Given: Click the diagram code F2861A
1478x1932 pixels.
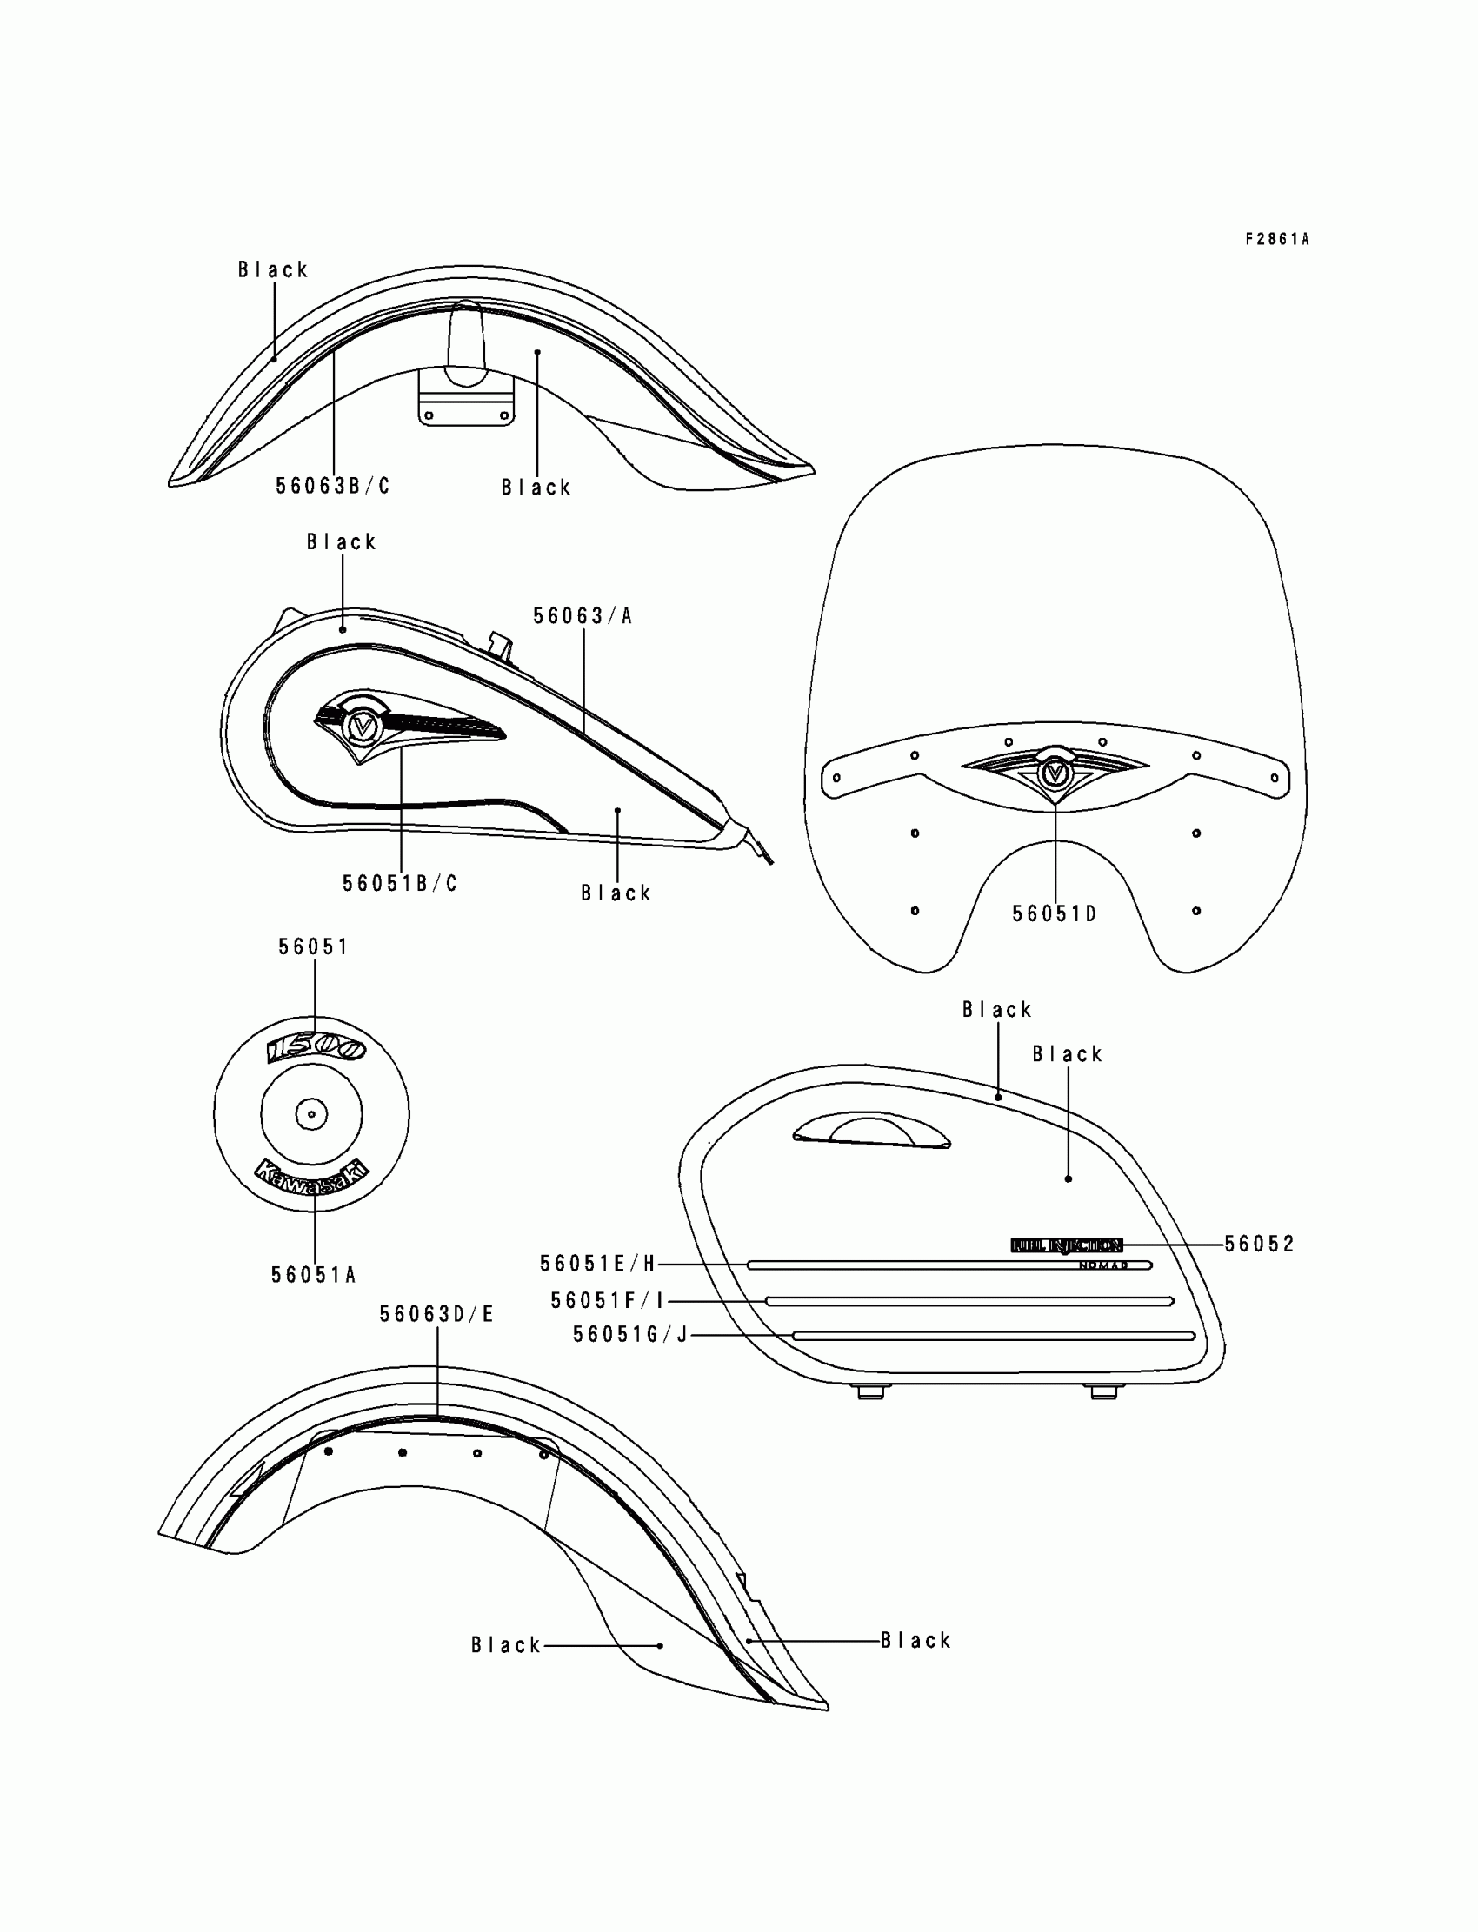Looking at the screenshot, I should coord(1276,239).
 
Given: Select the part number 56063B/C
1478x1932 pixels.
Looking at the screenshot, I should coord(332,487).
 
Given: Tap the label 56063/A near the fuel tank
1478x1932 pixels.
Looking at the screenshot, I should coord(583,616).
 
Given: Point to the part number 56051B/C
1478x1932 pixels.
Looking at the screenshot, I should coord(400,884).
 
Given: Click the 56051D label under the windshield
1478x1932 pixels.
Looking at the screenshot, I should coord(1054,914).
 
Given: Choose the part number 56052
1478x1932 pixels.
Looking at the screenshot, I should coord(1260,1245).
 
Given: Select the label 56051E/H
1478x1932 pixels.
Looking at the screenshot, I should coord(598,1265).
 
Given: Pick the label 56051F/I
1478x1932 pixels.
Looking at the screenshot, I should coord(608,1301).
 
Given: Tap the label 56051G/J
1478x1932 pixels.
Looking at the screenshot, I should coord(630,1335).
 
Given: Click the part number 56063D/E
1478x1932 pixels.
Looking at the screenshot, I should coord(437,1315).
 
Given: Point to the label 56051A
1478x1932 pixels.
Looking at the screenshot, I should coord(313,1275).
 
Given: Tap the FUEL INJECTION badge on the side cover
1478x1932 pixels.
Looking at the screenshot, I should coord(1066,1245).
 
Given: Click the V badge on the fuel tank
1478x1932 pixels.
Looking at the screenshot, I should coord(362,726).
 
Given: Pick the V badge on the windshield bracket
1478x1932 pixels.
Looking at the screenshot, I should coord(1053,773).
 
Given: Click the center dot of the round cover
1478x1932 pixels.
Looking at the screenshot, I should coord(311,1114).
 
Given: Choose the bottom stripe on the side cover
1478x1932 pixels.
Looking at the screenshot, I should coord(994,1336).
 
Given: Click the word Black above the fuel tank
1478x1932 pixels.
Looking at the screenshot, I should coord(342,542).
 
